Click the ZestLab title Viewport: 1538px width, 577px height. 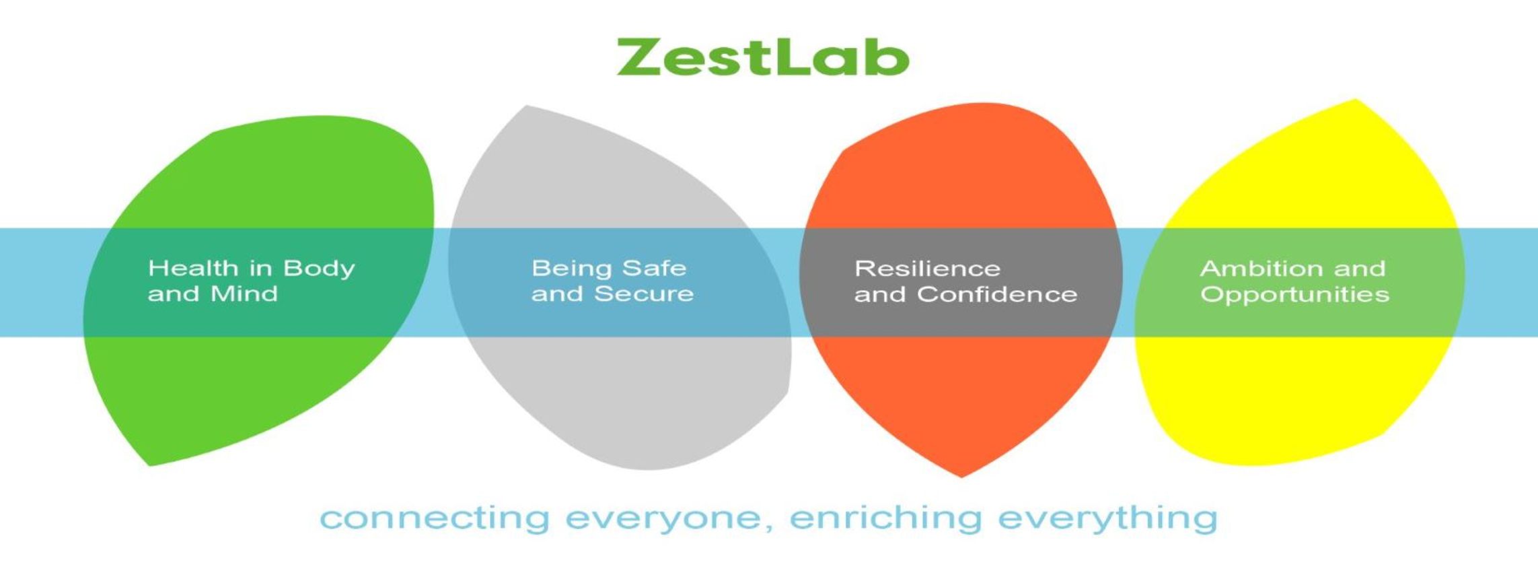click(x=763, y=57)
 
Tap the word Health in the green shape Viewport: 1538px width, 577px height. click(x=193, y=268)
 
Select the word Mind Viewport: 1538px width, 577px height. click(x=244, y=294)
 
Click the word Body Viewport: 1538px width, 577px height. click(x=319, y=269)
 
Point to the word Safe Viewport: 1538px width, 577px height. click(x=655, y=268)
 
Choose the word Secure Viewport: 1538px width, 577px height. click(x=644, y=294)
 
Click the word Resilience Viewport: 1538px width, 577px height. click(x=927, y=269)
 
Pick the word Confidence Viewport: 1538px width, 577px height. click(x=997, y=294)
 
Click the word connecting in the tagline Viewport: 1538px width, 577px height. click(x=435, y=519)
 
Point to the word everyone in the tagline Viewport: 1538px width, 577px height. click(x=664, y=519)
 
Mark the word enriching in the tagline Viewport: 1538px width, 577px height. click(x=885, y=519)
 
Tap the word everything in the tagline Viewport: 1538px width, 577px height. click(x=1108, y=519)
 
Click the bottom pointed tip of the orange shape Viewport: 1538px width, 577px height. click(x=961, y=477)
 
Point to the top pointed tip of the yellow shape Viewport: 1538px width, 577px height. click(x=1355, y=100)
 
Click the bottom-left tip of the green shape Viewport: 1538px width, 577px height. click(x=149, y=465)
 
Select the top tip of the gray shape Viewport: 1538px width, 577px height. click(x=526, y=106)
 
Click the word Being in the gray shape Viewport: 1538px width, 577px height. click(x=573, y=269)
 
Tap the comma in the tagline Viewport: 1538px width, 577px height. click(x=768, y=527)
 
